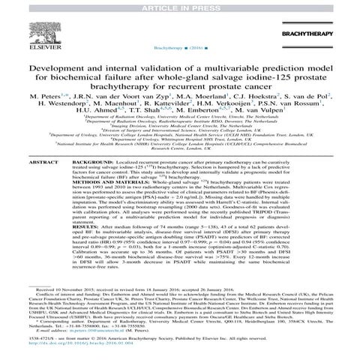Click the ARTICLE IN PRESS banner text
point(179,6)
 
